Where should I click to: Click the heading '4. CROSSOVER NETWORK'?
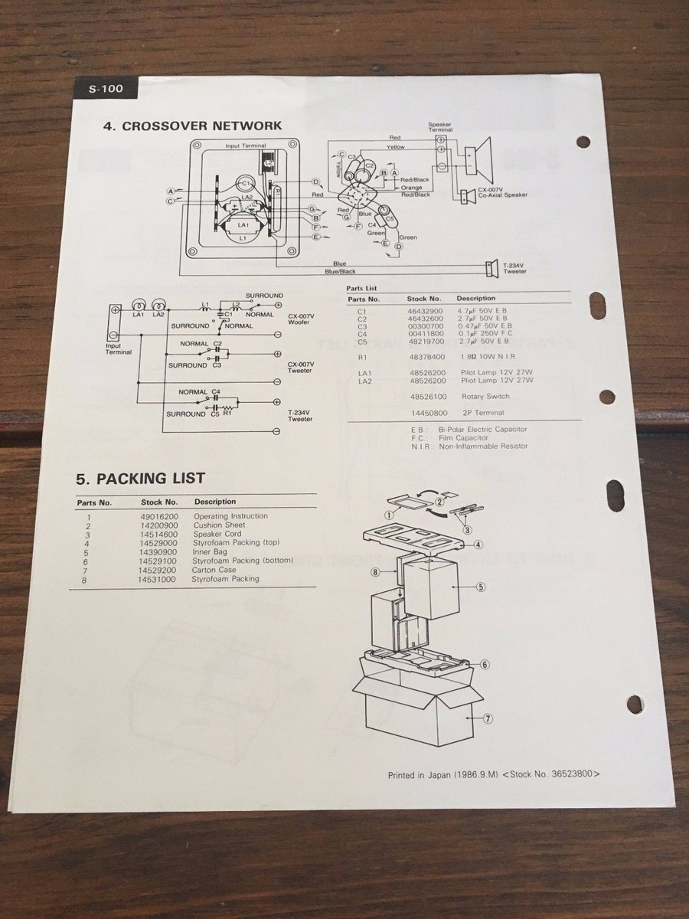click(x=192, y=126)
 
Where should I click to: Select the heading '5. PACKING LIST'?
click(x=140, y=478)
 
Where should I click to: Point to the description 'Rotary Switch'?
click(x=485, y=397)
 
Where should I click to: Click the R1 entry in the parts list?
click(x=364, y=357)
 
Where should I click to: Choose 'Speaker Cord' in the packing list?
click(x=217, y=535)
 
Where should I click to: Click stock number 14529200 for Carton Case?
click(x=158, y=571)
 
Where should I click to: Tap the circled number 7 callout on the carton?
click(x=487, y=718)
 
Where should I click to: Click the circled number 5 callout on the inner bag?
click(x=481, y=587)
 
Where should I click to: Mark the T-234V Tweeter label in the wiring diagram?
click(x=514, y=269)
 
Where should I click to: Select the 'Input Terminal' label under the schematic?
click(x=118, y=349)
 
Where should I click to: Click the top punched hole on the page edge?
click(x=583, y=142)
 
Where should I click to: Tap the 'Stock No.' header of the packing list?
click(x=158, y=502)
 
